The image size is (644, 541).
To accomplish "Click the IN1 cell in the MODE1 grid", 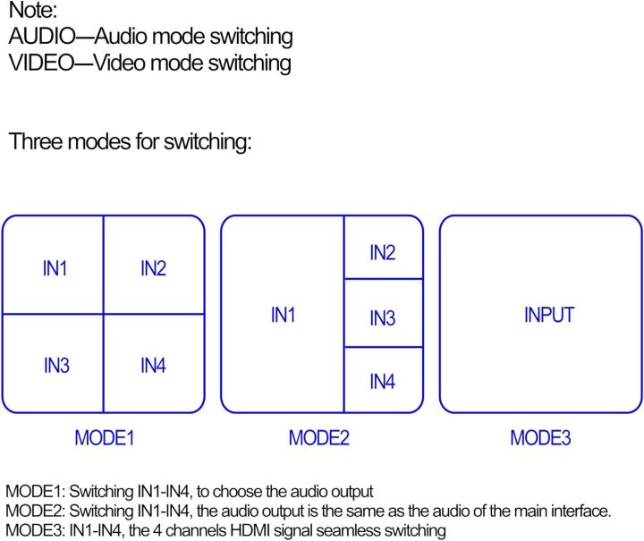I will point(55,267).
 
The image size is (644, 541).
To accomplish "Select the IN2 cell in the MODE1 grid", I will point(153,267).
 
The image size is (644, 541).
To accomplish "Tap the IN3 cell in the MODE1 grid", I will point(55,365).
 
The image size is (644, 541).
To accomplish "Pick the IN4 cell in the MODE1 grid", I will point(153,365).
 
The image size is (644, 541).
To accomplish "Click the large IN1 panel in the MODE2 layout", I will point(283,315).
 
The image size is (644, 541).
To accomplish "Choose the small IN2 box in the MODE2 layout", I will point(382,253).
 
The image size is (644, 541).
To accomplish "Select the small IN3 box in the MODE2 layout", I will point(382,317).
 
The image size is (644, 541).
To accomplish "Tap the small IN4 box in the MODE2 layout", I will point(382,382).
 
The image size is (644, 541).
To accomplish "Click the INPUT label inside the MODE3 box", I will point(548,315).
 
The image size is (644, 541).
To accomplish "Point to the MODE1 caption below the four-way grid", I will point(104,438).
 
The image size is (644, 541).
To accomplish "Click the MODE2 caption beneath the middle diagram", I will point(318,438).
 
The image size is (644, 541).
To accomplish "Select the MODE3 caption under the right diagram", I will point(540,438).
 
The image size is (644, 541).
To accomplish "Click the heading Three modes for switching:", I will point(131,142).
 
